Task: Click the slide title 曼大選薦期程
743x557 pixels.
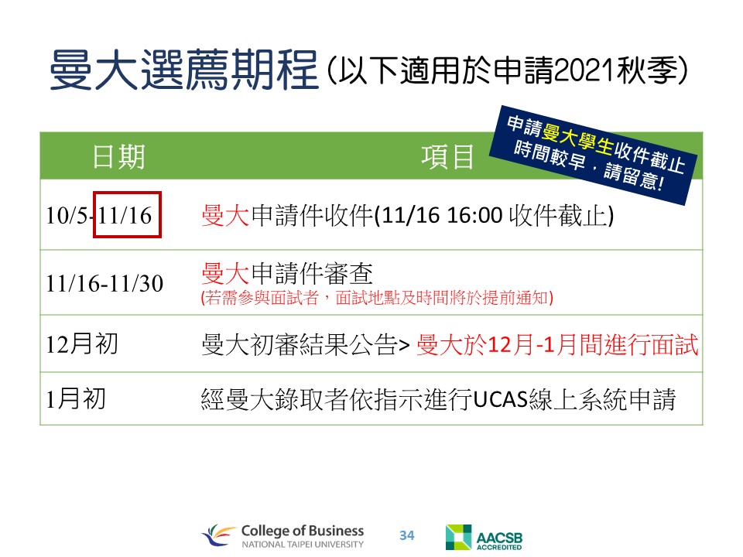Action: pyautogui.click(x=184, y=70)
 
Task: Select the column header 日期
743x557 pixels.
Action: pyautogui.click(x=118, y=157)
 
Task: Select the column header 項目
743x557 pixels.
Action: pyautogui.click(x=448, y=157)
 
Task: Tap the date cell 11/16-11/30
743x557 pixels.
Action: pyautogui.click(x=104, y=284)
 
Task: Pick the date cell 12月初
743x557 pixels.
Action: pyautogui.click(x=82, y=343)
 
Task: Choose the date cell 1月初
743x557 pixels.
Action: pyautogui.click(x=76, y=398)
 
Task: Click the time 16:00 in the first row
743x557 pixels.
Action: pyautogui.click(x=474, y=216)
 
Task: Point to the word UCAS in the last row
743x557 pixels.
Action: pyautogui.click(x=501, y=399)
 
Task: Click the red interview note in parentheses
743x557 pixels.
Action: pyautogui.click(x=377, y=298)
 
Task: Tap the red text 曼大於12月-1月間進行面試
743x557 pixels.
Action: pyautogui.click(x=557, y=344)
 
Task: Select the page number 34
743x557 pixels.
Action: pyautogui.click(x=406, y=535)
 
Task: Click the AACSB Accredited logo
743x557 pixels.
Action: pyautogui.click(x=484, y=537)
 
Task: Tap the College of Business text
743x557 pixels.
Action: pyautogui.click(x=303, y=531)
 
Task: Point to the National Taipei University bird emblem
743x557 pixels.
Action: pyautogui.click(x=219, y=535)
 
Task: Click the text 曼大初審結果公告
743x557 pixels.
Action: pyautogui.click(x=300, y=344)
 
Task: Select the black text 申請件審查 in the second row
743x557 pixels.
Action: pyautogui.click(x=312, y=273)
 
